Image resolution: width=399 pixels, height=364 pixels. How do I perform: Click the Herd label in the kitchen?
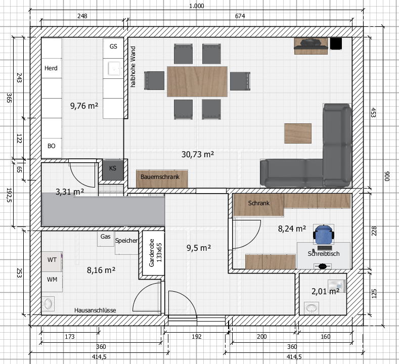pyautogui.click(x=51, y=68)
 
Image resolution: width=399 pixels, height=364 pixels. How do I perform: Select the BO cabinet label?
pyautogui.click(x=52, y=146)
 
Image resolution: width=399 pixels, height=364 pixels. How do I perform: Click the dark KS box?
pyautogui.click(x=113, y=169)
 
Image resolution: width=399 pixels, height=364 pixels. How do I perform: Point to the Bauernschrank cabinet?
pyautogui.click(x=162, y=179)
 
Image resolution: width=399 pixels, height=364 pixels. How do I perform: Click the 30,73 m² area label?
pyautogui.click(x=198, y=154)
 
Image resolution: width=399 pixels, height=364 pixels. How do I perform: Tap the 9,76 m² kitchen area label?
pyautogui.click(x=84, y=106)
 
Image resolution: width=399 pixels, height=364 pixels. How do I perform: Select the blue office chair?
pyautogui.click(x=323, y=235)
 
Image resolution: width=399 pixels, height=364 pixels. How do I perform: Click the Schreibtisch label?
pyautogui.click(x=324, y=254)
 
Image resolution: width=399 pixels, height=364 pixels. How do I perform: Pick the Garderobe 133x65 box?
pyautogui.click(x=153, y=253)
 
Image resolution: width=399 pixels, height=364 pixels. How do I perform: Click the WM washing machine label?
pyautogui.click(x=52, y=280)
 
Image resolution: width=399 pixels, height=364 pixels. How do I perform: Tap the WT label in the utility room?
pyautogui.click(x=52, y=260)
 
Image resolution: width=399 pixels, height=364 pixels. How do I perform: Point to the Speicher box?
pyautogui.click(x=126, y=243)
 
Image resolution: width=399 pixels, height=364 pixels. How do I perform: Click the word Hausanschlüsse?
pyautogui.click(x=95, y=310)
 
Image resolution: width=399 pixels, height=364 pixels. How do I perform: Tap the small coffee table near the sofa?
pyautogui.click(x=298, y=133)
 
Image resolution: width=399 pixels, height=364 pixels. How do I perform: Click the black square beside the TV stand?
pyautogui.click(x=336, y=43)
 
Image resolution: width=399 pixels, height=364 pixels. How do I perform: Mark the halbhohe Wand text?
pyautogui.click(x=133, y=67)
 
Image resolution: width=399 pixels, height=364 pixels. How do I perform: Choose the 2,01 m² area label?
pyautogui.click(x=326, y=291)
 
